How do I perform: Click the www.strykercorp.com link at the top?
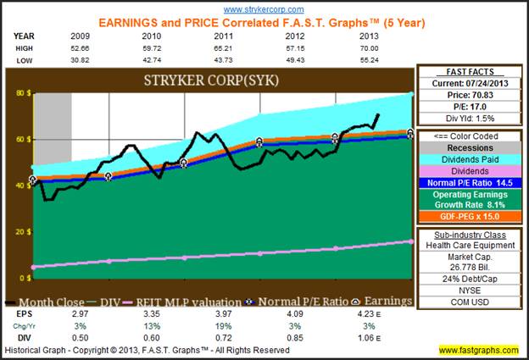264,7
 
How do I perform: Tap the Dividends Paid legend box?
469,158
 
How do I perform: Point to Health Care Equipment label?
469,245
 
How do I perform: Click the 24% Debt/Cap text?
469,277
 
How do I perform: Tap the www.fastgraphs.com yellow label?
479,350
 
